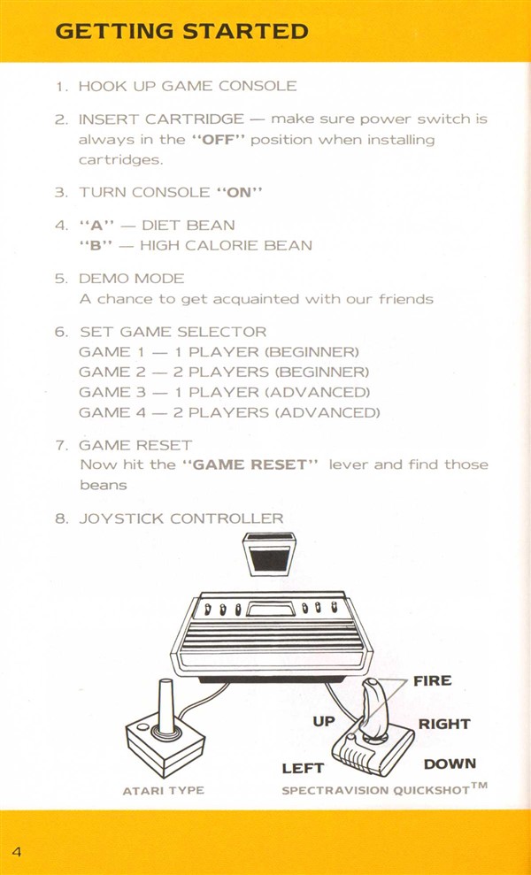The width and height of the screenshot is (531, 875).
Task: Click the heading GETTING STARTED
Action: pos(181,31)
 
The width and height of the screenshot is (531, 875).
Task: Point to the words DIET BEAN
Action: pos(189,226)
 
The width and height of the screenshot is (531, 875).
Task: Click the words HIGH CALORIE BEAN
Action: pos(227,246)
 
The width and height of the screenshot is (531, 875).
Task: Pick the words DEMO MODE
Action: pos(132,279)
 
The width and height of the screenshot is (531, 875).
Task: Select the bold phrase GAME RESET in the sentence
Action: pos(250,464)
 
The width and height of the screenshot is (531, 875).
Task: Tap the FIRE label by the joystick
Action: pos(432,681)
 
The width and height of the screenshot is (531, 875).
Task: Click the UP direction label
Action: pos(324,722)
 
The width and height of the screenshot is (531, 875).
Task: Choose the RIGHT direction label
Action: pos(444,725)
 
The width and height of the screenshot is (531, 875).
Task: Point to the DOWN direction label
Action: pos(450,764)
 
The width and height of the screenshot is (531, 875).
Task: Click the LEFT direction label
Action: pos(303,769)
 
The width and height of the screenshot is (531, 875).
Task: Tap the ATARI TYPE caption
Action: pos(164,790)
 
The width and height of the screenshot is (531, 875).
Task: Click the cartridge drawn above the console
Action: pos(269,553)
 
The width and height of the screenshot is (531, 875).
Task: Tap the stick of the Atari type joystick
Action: pos(166,705)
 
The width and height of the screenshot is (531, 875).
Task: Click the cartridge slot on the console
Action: pos(271,610)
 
